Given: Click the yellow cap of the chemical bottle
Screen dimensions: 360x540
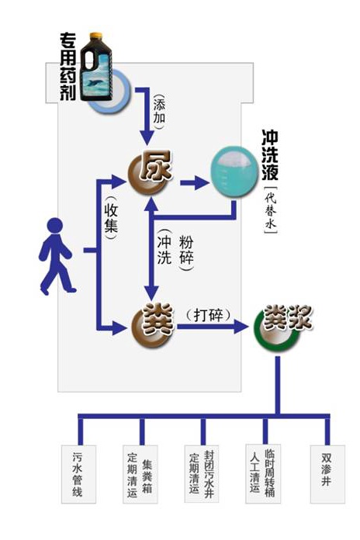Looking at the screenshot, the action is tap(95, 36).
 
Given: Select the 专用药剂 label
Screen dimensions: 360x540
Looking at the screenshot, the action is tap(67, 67).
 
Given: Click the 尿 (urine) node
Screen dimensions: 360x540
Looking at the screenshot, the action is tap(151, 171).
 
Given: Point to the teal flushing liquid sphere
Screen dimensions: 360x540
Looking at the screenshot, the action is tap(234, 171).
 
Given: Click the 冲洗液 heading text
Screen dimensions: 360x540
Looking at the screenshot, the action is tap(270, 155).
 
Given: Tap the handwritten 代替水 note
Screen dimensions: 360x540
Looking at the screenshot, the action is tap(271, 210).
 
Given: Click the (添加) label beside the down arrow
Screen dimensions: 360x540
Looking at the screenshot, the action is tap(159, 111).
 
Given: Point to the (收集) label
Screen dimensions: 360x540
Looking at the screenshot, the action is tap(111, 218).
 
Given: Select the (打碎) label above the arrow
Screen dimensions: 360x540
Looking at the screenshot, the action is tap(208, 315).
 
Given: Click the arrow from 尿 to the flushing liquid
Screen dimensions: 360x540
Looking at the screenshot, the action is tap(194, 182).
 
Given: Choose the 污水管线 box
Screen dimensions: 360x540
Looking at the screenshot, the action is tap(78, 474).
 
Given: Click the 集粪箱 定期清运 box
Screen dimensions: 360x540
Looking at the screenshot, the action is tap(140, 474).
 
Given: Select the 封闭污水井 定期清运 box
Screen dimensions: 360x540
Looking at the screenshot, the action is tap(202, 474).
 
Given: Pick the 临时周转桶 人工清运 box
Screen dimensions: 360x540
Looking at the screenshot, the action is tap(263, 474).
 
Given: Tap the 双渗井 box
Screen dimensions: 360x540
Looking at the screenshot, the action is tap(327, 474).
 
